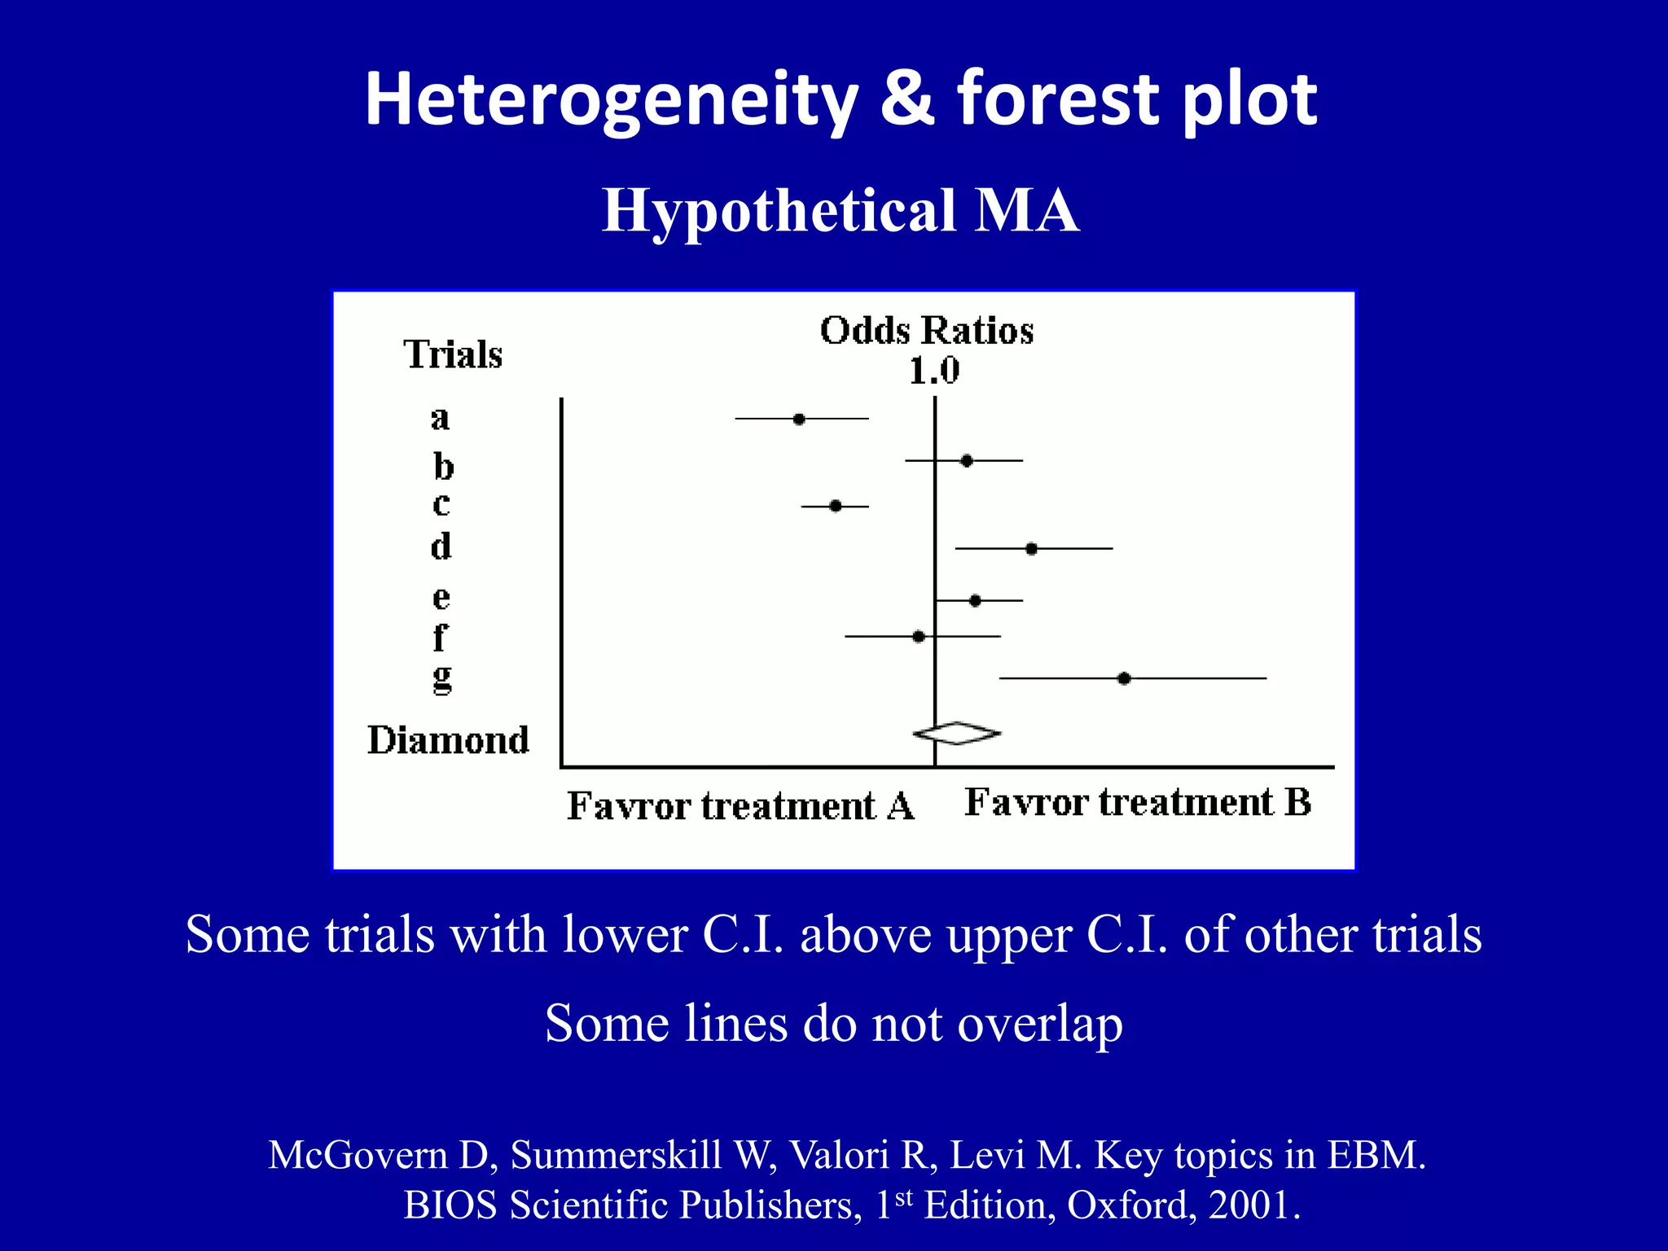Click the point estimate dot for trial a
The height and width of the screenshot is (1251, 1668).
(x=799, y=419)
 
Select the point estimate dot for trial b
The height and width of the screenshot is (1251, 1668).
(x=967, y=461)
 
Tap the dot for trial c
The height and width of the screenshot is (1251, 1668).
(x=836, y=506)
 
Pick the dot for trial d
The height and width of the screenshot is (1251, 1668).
(x=1032, y=549)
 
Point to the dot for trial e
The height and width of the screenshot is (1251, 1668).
(x=976, y=601)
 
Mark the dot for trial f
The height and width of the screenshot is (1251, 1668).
(x=919, y=636)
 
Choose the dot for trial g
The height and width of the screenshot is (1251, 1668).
(x=1124, y=678)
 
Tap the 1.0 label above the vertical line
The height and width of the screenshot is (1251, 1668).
(x=934, y=371)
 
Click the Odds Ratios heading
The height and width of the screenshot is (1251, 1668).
(x=927, y=331)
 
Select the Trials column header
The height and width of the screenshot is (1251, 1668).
(x=453, y=355)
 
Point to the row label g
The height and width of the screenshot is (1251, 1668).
(x=441, y=677)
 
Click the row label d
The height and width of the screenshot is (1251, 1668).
(x=441, y=546)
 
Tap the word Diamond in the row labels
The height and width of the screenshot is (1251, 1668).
(x=448, y=740)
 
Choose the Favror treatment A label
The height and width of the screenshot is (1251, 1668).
(x=740, y=806)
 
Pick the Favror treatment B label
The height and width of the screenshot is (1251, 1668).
(x=1138, y=802)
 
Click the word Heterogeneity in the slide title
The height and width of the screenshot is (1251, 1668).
(x=611, y=99)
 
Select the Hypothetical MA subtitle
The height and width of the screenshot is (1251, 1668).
(x=841, y=210)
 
